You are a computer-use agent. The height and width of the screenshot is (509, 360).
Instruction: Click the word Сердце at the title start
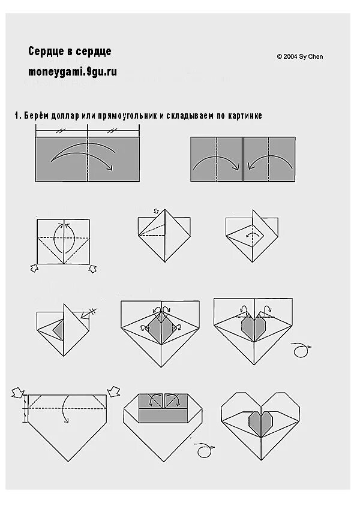point(44,52)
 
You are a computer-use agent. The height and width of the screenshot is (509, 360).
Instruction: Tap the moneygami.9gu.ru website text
point(73,71)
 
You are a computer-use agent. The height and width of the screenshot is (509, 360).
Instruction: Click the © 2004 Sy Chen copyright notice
point(300,56)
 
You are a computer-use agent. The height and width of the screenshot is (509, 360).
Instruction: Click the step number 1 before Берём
point(17,116)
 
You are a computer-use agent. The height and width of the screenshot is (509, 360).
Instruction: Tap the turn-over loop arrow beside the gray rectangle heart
point(204,450)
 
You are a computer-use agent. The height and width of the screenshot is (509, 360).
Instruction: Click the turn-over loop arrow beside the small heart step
point(301,350)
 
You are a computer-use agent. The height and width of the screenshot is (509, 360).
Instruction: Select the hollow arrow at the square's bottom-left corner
point(34,268)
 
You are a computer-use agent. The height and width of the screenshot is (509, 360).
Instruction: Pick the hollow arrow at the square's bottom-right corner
point(92,269)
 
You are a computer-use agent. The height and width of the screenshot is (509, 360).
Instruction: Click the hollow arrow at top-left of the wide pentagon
point(17,392)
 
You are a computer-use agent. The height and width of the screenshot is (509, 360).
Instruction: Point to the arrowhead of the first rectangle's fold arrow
point(110,167)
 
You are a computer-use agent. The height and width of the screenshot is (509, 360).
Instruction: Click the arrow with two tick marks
point(88,314)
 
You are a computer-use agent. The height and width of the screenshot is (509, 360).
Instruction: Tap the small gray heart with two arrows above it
point(254,328)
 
